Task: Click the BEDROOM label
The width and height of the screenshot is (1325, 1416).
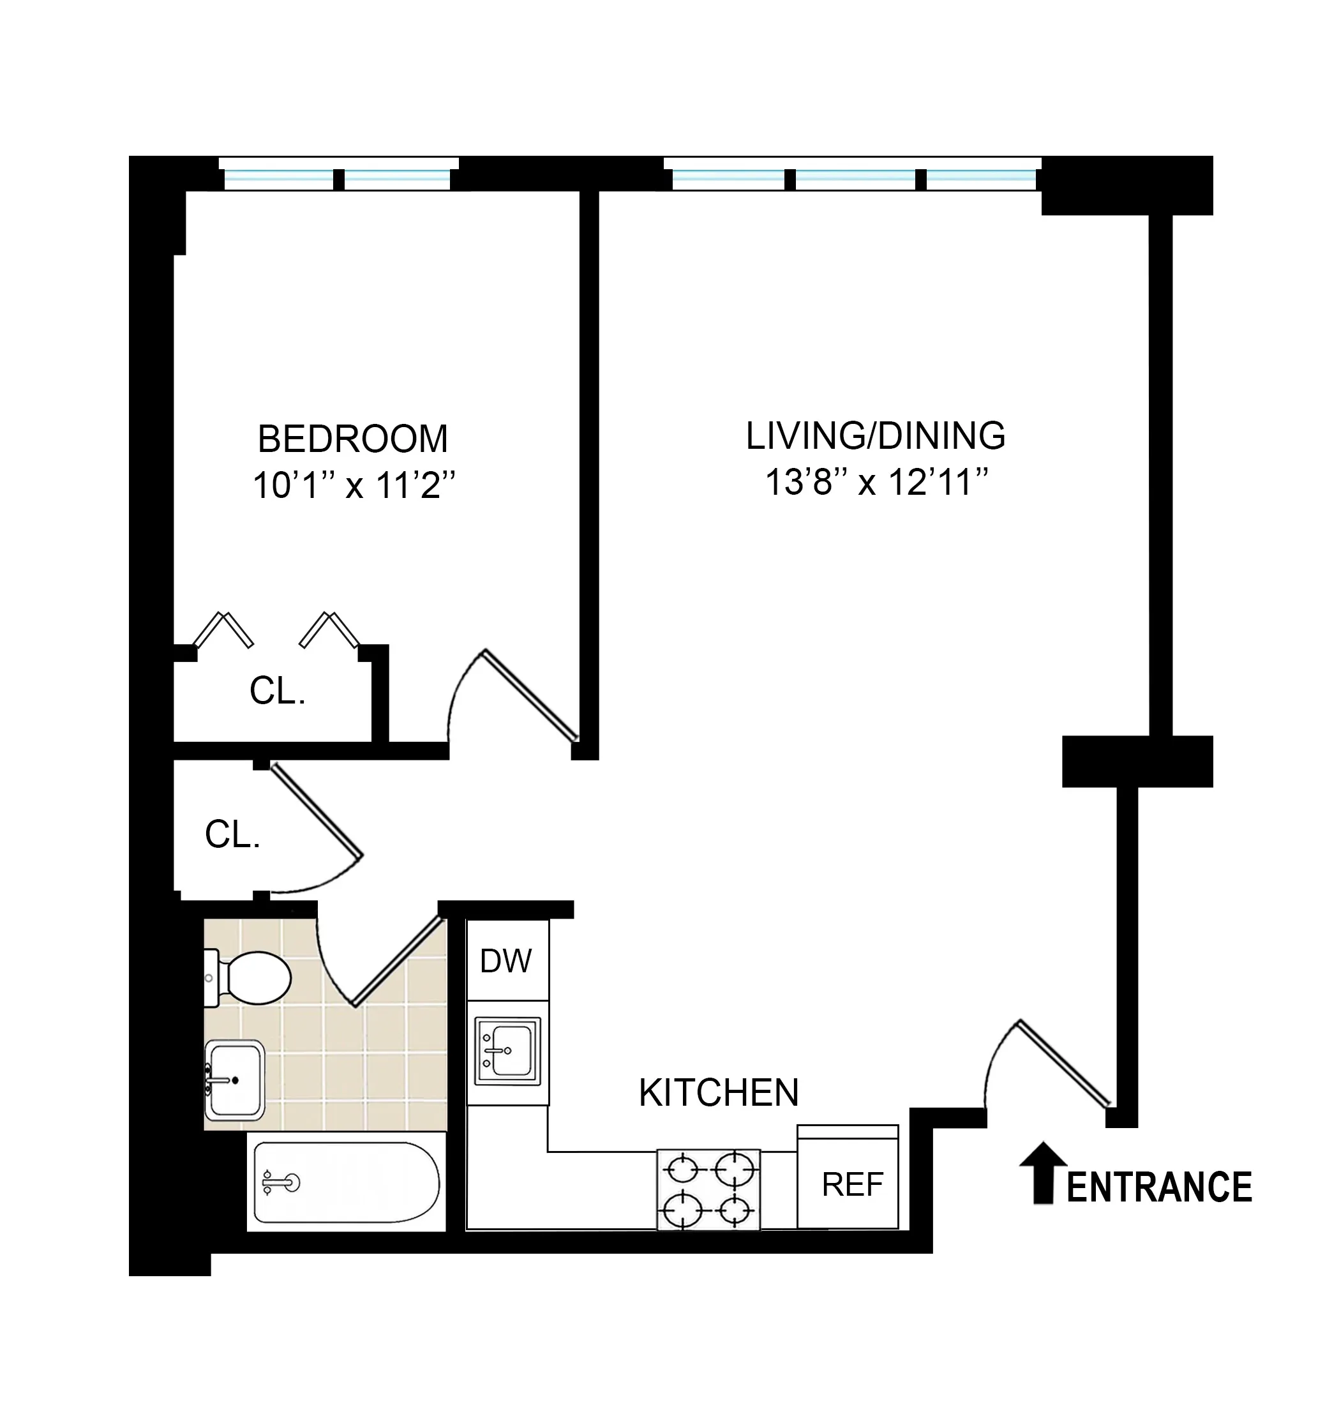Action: (x=352, y=439)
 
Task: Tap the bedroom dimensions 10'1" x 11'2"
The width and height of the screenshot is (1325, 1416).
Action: (x=353, y=486)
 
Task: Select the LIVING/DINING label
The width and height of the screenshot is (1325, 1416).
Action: (x=875, y=436)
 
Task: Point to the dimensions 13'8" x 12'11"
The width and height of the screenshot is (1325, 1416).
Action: (x=876, y=482)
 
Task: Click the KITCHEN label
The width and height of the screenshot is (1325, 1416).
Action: (x=719, y=1092)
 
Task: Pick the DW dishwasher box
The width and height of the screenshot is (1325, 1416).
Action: (x=507, y=961)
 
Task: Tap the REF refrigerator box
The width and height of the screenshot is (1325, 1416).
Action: (x=851, y=1184)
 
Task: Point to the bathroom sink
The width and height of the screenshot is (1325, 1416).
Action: (x=234, y=1080)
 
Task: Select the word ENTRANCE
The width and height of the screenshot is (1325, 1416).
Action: (x=1159, y=1187)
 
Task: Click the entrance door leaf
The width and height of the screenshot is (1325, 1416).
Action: (x=1064, y=1063)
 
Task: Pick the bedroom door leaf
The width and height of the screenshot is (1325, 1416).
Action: (x=530, y=696)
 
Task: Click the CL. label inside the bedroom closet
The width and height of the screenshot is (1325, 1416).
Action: (x=278, y=691)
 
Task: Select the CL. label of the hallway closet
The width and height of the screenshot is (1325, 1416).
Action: (x=233, y=834)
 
